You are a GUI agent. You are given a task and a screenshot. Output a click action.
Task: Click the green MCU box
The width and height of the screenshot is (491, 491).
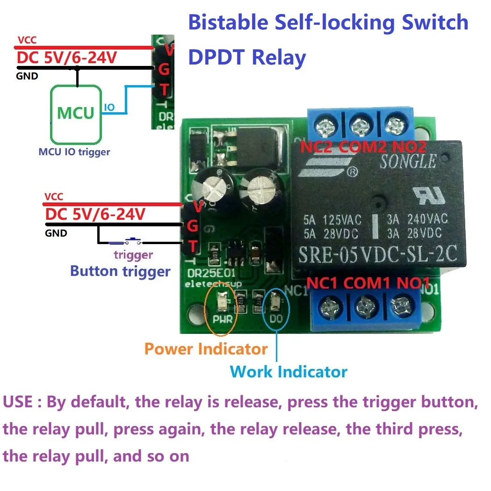[75, 114]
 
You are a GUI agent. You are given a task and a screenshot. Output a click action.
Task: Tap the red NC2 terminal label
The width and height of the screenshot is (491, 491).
[318, 147]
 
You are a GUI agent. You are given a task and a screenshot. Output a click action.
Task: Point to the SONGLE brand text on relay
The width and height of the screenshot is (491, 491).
[408, 162]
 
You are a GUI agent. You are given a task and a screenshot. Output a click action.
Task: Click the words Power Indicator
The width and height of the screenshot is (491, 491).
[206, 349]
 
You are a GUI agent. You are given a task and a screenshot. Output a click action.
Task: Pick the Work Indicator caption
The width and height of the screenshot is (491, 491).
[289, 372]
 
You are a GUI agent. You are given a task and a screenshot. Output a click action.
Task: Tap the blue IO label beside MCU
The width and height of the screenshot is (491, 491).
[109, 108]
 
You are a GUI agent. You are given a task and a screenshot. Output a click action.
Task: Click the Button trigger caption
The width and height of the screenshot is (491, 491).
[120, 271]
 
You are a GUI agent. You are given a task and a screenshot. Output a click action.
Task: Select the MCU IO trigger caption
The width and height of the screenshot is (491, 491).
[74, 152]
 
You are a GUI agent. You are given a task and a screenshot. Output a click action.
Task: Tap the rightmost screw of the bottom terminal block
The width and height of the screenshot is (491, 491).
[401, 307]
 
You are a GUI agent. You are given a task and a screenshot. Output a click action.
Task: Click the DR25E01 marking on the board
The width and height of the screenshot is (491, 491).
[205, 274]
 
